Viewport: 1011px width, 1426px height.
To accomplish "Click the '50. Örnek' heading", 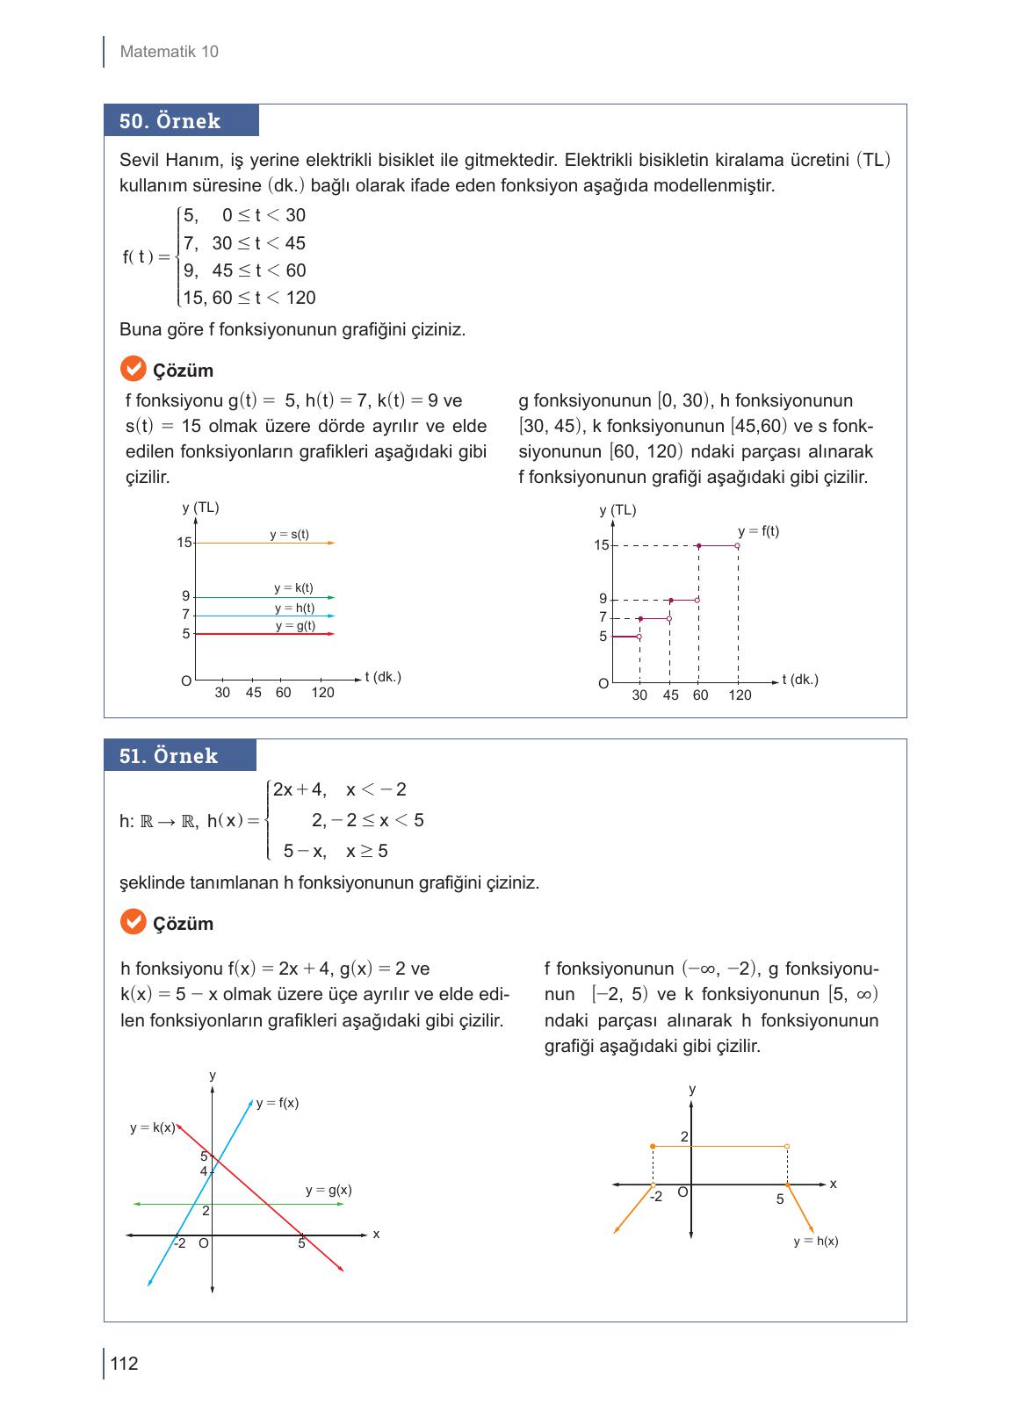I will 170,121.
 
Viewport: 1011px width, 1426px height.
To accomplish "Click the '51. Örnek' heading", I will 169,756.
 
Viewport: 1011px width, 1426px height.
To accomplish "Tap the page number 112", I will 124,1364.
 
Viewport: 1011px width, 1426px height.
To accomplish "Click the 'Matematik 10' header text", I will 169,52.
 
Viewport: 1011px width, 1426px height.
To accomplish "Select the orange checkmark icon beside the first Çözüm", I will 132,369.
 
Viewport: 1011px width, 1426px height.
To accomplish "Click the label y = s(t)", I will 289,534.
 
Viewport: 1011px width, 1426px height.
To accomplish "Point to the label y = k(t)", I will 293,588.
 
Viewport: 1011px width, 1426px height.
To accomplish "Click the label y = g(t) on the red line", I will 295,626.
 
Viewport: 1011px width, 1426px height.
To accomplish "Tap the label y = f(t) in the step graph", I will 758,531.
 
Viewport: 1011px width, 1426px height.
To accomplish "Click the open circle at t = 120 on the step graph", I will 737,545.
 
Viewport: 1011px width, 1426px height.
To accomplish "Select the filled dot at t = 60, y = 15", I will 698,545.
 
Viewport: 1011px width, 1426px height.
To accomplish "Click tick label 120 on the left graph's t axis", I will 322,693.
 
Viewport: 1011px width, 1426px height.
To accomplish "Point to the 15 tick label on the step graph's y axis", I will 601,545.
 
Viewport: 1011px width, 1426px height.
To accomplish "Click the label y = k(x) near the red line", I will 152,1127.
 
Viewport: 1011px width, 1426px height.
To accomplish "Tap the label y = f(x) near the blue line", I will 277,1103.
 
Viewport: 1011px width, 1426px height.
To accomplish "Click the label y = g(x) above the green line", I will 329,1190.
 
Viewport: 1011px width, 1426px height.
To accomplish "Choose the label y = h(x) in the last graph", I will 815,1241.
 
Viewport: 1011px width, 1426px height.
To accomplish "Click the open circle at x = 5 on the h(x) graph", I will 786,1146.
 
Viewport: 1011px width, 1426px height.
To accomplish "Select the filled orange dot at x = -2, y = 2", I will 653,1146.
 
